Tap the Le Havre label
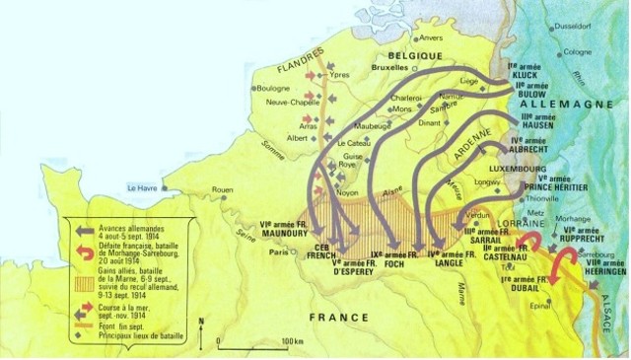coord(141,187)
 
